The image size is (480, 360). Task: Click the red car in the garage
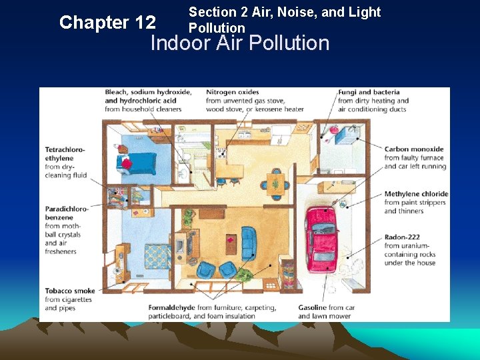(x=323, y=239)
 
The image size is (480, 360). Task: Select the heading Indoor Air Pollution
(x=240, y=43)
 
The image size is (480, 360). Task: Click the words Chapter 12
(x=108, y=23)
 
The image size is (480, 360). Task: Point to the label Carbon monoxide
(x=414, y=149)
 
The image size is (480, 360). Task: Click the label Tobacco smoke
(x=70, y=291)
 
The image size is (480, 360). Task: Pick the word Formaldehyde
(x=172, y=307)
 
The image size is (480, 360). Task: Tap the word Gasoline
(x=312, y=307)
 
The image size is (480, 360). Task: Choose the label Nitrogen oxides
(x=233, y=92)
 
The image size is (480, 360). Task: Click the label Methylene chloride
(x=416, y=194)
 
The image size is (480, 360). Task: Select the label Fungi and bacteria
(x=369, y=92)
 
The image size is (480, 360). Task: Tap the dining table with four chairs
(x=275, y=184)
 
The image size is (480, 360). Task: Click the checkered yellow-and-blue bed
(x=158, y=257)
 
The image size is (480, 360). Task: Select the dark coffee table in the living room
(x=231, y=244)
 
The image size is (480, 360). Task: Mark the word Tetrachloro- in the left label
(x=65, y=150)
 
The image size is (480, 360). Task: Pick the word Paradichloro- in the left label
(x=67, y=209)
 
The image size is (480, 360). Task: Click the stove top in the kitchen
(x=221, y=153)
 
